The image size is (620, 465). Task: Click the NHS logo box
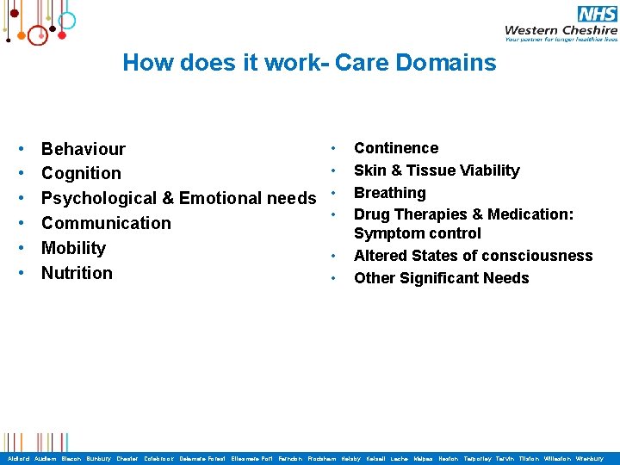click(598, 14)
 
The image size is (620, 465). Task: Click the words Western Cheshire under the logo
click(561, 29)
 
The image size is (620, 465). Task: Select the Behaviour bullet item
click(84, 149)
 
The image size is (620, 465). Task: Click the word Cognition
click(81, 174)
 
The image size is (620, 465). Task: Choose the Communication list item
click(106, 224)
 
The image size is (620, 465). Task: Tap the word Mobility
click(73, 249)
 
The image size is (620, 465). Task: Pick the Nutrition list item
click(77, 274)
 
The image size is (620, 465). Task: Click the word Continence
click(396, 148)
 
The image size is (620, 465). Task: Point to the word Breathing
click(390, 193)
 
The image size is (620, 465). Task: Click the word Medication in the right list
click(530, 214)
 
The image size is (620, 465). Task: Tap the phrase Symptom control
click(418, 233)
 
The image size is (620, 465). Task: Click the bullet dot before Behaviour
click(21, 150)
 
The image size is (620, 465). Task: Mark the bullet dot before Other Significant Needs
click(333, 279)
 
